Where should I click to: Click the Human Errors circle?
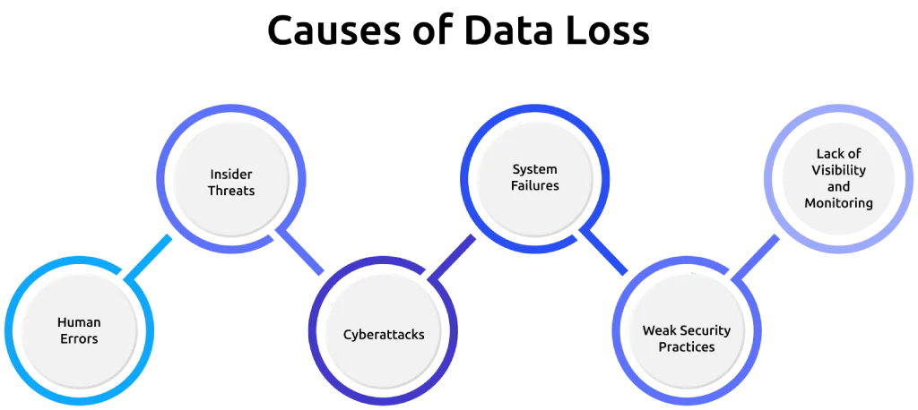[79, 330]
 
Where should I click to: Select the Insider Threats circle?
[231, 182]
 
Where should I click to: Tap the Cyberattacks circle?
[384, 335]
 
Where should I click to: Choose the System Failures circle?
[535, 177]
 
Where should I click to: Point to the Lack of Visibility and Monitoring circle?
[838, 186]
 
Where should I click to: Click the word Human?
[79, 322]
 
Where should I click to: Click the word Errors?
[79, 338]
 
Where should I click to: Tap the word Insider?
[231, 174]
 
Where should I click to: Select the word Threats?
[231, 191]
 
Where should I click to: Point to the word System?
[535, 169]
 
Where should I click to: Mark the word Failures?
[535, 185]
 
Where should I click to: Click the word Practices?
[687, 346]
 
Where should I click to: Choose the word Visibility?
[838, 170]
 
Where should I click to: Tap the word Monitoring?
[838, 203]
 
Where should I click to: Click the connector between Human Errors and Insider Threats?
[149, 260]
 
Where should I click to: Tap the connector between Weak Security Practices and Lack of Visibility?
[758, 260]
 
